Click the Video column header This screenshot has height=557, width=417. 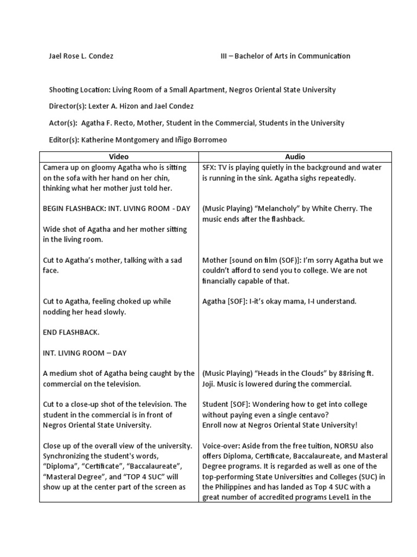(x=118, y=156)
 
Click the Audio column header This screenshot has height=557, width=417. (x=295, y=156)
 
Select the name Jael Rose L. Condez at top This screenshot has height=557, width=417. (x=81, y=56)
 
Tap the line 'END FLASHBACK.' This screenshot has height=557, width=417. (x=71, y=332)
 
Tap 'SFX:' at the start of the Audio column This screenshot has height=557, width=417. (x=210, y=168)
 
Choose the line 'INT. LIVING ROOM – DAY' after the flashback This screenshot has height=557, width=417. (x=85, y=352)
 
